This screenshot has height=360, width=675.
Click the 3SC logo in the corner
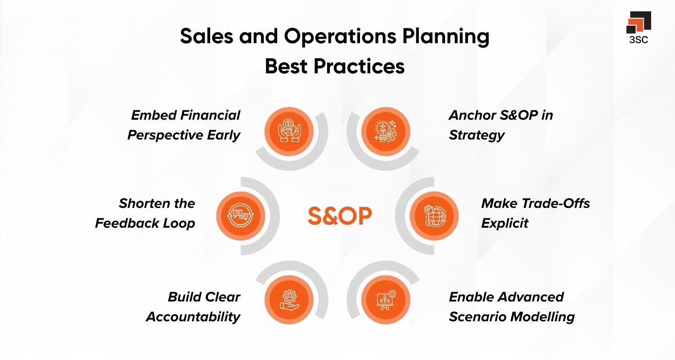click(x=639, y=27)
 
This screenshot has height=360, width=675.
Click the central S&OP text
click(x=340, y=216)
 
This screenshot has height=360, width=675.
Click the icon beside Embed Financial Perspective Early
click(x=289, y=131)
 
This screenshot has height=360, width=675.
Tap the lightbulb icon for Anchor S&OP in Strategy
click(x=386, y=131)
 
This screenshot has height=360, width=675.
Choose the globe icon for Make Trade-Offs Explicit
click(x=434, y=216)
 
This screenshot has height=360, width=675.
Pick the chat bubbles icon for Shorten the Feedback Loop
click(x=240, y=216)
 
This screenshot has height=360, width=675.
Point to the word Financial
click(x=210, y=115)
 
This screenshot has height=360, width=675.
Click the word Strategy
click(x=477, y=135)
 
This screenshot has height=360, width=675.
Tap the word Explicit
click(x=504, y=223)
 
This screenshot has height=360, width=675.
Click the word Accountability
click(x=193, y=317)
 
